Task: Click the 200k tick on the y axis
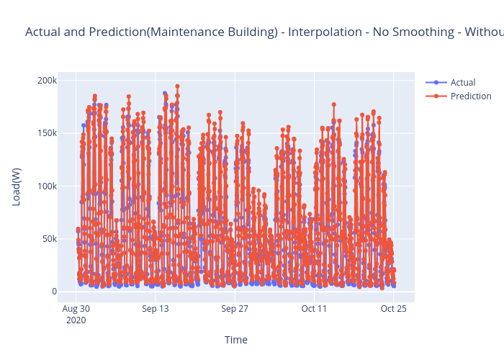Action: pos(47,80)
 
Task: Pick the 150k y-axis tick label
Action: pos(47,133)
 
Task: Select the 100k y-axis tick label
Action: pos(47,186)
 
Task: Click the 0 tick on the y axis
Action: pos(54,292)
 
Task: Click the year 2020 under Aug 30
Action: pos(76,320)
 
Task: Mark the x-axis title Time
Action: pos(236,340)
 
